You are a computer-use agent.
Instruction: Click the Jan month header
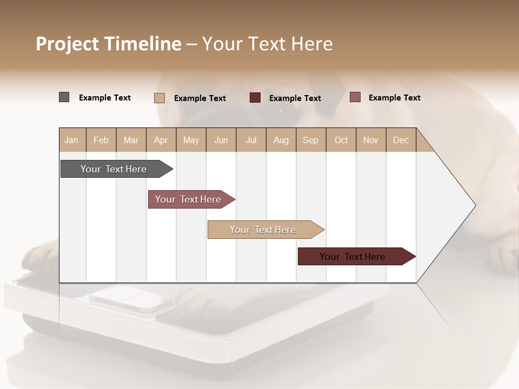tap(72, 140)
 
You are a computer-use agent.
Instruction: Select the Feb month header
tap(101, 140)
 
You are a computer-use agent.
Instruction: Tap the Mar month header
tap(131, 140)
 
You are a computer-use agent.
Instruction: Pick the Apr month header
tap(161, 140)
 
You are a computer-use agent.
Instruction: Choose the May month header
tap(191, 140)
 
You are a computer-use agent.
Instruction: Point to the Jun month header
tap(221, 140)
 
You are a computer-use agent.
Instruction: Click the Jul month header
tap(251, 140)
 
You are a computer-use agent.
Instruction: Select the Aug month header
tap(281, 140)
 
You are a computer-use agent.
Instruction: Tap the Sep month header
tap(311, 140)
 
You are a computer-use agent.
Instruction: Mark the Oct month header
tap(341, 140)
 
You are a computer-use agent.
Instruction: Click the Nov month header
tap(371, 140)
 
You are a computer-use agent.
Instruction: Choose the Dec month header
tap(401, 140)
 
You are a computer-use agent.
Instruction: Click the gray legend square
tap(64, 97)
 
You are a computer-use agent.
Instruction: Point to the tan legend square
tap(159, 98)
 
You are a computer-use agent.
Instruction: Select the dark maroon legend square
tap(255, 98)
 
